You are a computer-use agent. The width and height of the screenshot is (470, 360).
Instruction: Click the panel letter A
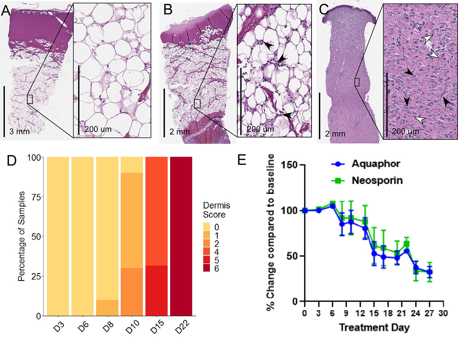[x=6, y=11]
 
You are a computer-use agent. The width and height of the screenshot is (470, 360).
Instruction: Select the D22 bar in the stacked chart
[x=181, y=236]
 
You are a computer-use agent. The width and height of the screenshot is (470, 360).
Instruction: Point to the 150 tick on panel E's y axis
[x=292, y=165]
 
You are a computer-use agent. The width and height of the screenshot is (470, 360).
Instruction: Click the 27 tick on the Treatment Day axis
[x=430, y=313]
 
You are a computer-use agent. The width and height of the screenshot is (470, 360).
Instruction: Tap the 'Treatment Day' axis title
[x=374, y=327]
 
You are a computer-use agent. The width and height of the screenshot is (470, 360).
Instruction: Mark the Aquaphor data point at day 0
[x=305, y=210]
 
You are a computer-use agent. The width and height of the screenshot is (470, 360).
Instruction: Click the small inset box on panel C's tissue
[x=357, y=82]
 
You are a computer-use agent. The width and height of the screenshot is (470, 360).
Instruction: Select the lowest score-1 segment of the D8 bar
[x=107, y=308]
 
